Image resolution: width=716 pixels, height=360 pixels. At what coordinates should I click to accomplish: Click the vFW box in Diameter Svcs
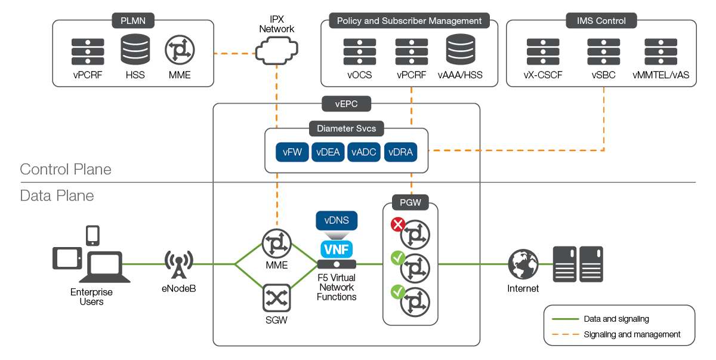pos(292,152)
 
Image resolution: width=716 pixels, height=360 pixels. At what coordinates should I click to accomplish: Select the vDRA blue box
pos(400,152)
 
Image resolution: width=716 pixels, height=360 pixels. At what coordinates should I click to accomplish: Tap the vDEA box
pos(328,152)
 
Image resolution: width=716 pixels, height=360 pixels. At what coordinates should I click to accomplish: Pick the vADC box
pos(364,152)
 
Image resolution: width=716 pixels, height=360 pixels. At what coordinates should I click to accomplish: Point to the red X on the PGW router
pos(397,226)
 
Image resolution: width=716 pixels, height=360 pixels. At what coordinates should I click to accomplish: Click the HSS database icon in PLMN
pos(135,50)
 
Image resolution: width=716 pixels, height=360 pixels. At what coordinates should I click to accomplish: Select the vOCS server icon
pos(359,51)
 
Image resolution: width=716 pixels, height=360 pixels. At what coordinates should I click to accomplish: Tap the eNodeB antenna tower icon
pos(178,264)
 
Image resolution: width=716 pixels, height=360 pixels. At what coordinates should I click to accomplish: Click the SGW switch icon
pos(276,297)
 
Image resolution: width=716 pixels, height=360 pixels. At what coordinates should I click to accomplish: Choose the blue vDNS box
pos(337,220)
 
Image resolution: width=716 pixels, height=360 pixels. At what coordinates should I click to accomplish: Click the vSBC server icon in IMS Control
pos(603,51)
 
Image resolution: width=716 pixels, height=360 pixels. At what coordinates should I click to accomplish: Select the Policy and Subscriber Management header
pos(409,21)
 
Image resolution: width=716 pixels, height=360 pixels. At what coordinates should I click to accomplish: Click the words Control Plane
pos(66,169)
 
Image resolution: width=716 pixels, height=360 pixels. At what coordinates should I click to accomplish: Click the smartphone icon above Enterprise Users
pos(93,235)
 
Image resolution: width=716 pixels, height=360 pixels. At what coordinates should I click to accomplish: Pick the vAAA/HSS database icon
pos(461,50)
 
